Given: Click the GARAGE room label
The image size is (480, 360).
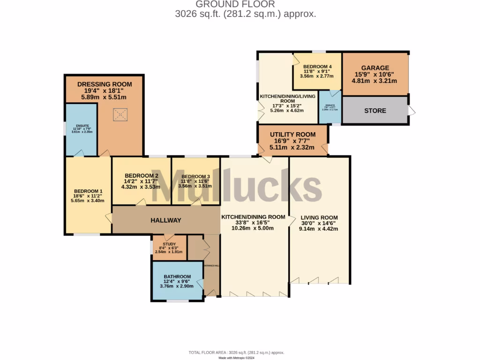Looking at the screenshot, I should coord(375,67).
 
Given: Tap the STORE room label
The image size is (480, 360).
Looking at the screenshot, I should coord(375,111).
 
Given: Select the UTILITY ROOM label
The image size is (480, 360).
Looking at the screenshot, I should coord(292,135).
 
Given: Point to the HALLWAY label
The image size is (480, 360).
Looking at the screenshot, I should coord(165,220).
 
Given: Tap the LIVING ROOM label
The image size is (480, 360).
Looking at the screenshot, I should coord(319,217).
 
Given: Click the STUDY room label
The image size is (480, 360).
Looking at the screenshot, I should coord(169,244).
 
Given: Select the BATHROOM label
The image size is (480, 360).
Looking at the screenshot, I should coord(177,277).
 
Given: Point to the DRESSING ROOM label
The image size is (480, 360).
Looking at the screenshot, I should coord(105,84).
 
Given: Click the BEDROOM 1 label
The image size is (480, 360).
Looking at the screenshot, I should coord(88,191).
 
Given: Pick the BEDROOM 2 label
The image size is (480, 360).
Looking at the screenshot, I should coord(141,176).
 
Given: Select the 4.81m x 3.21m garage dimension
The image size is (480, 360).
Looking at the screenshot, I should coord(375,81).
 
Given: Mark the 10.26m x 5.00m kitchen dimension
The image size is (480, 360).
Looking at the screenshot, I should coord(253,228).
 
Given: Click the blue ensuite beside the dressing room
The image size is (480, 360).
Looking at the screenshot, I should coord(81,129).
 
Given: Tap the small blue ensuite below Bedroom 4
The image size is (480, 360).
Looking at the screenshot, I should coord(330,107).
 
